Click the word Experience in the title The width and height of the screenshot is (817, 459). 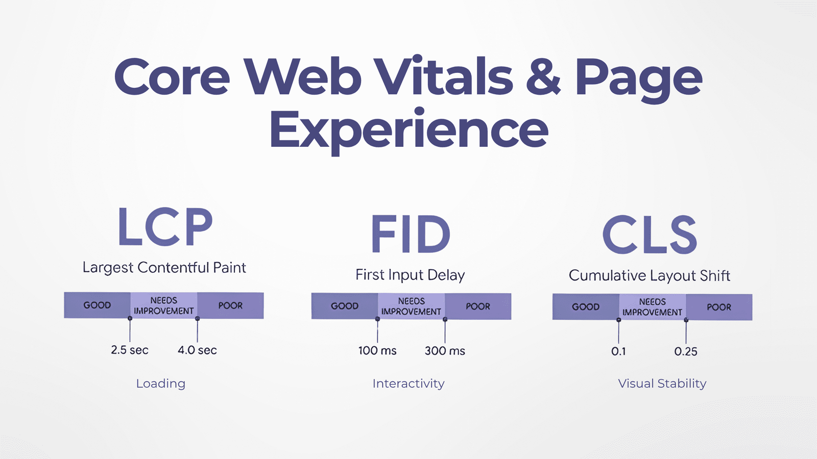(409, 131)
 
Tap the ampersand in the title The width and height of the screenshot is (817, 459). (543, 76)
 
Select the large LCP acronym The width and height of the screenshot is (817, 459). (165, 226)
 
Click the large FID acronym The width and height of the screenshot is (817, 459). (411, 234)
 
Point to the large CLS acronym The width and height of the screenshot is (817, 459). (650, 234)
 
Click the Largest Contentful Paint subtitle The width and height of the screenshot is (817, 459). (164, 268)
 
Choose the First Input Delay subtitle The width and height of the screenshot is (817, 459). (411, 275)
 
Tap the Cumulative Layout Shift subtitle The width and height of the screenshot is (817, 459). (650, 276)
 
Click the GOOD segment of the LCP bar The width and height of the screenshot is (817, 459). (98, 305)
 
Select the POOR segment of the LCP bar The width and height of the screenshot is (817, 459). (230, 305)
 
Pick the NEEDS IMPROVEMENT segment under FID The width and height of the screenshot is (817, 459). (412, 307)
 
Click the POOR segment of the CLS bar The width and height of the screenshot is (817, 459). (719, 307)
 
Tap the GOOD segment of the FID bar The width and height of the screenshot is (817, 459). (345, 306)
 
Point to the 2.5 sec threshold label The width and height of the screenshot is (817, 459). (130, 350)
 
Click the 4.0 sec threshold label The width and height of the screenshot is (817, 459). (197, 350)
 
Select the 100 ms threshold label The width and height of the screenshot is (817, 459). (377, 351)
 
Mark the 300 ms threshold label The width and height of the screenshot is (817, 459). (445, 351)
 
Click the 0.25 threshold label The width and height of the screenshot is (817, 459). (686, 351)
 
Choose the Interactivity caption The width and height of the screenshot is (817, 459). (408, 384)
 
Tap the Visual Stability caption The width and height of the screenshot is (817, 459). (662, 384)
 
